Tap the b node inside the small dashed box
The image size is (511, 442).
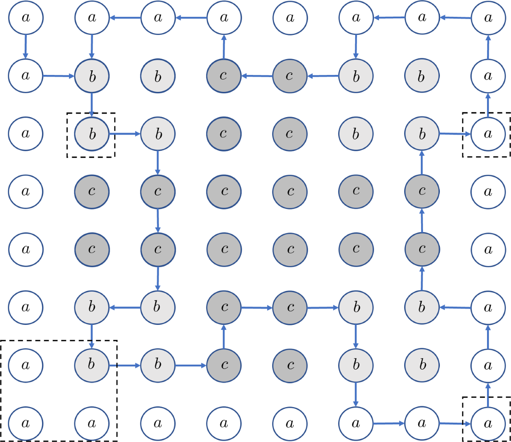(x=92, y=134)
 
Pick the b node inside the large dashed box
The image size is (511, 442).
(x=92, y=365)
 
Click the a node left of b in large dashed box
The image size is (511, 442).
(x=26, y=365)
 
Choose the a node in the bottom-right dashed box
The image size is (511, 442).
(x=488, y=423)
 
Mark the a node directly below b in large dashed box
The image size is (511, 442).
(x=92, y=423)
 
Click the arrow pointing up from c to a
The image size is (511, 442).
(x=224, y=47)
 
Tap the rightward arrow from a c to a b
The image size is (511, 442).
(x=323, y=307)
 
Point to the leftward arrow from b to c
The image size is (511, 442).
(x=323, y=76)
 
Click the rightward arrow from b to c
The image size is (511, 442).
(x=191, y=365)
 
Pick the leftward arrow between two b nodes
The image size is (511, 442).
(x=125, y=307)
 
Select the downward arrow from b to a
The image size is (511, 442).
(x=356, y=394)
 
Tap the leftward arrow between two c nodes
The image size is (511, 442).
(x=257, y=76)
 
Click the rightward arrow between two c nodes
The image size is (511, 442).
(x=257, y=307)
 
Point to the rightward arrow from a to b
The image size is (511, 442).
(x=59, y=76)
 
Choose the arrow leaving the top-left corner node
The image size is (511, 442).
(x=26, y=47)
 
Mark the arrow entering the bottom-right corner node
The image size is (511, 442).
(x=455, y=423)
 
